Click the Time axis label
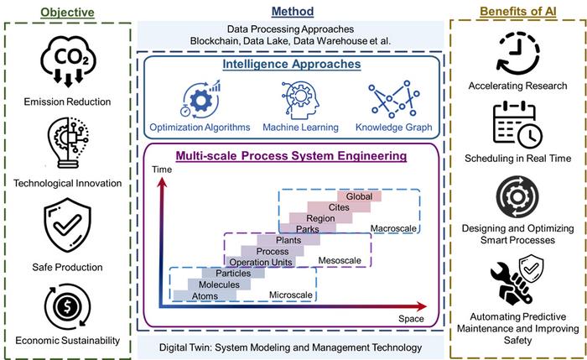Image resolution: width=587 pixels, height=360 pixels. click(x=161, y=170)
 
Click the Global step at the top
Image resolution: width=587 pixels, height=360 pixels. click(x=359, y=196)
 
